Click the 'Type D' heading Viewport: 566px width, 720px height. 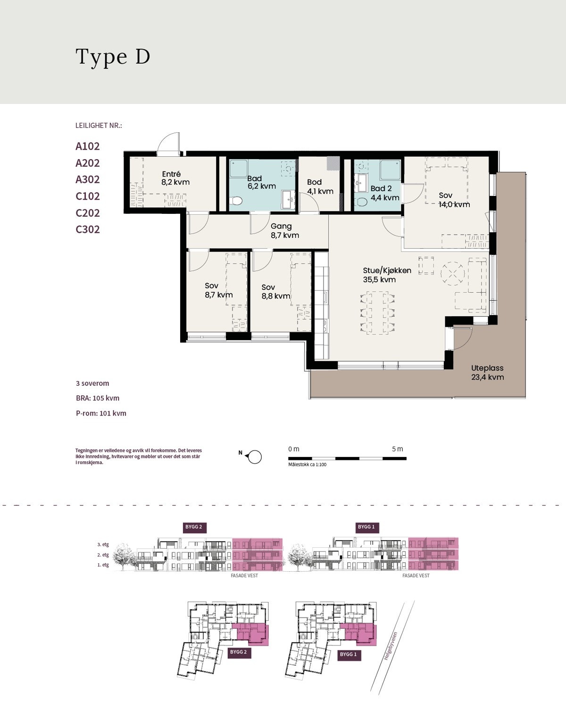click(x=113, y=57)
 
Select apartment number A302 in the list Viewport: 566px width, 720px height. click(x=88, y=180)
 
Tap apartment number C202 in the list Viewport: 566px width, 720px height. click(x=88, y=213)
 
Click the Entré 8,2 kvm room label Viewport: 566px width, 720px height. click(x=175, y=178)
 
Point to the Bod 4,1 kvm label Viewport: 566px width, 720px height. click(x=320, y=186)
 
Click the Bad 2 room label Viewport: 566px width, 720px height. click(x=384, y=193)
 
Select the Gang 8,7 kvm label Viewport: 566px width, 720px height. click(x=284, y=231)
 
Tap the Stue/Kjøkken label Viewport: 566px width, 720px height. click(x=387, y=275)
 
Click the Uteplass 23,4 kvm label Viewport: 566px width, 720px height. click(x=487, y=373)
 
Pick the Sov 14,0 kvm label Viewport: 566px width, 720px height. click(x=454, y=200)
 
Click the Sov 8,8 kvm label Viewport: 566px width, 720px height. click(x=275, y=292)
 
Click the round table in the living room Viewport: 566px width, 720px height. click(x=452, y=273)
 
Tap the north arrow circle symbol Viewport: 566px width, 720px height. click(x=255, y=457)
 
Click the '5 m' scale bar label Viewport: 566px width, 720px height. click(x=398, y=449)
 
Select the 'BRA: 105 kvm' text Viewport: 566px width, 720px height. click(x=98, y=398)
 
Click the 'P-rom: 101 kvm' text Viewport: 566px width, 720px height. click(x=101, y=413)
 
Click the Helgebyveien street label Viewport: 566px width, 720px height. click(x=391, y=646)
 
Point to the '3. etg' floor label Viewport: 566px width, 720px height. click(x=103, y=545)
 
